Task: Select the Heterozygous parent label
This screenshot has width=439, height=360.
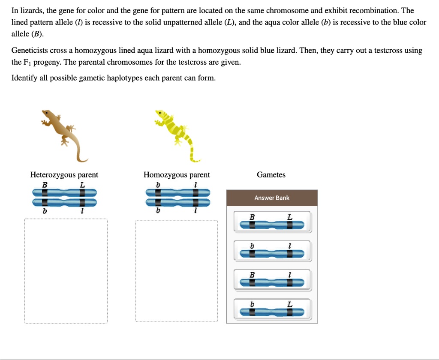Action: [64, 175]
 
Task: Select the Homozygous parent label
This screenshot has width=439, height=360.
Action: [177, 175]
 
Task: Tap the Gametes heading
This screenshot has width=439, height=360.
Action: [271, 175]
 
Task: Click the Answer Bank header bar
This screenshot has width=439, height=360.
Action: [272, 198]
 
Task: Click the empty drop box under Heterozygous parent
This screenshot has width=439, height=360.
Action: [66, 271]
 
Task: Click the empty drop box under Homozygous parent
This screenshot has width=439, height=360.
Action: [177, 271]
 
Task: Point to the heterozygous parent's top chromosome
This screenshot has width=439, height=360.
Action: [64, 192]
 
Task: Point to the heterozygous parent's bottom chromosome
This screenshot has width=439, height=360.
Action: [64, 202]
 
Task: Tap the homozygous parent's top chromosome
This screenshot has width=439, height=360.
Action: [177, 192]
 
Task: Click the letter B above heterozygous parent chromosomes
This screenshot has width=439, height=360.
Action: [44, 184]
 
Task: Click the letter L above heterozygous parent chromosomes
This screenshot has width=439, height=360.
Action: [82, 184]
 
